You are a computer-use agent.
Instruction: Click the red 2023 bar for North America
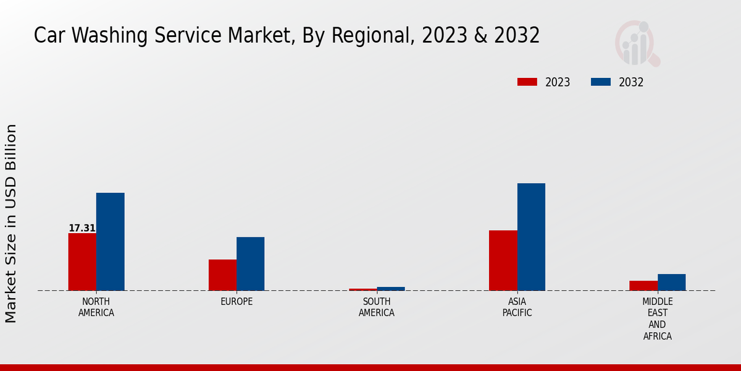coord(82,262)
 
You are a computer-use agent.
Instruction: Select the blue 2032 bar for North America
coord(110,241)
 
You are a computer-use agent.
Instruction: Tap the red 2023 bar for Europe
coord(222,275)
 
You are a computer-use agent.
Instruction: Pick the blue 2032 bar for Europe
coord(250,263)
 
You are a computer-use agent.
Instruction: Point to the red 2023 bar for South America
coord(362,289)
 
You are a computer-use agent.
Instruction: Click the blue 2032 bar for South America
coord(391,288)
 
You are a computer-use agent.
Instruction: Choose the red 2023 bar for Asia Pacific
coord(503,260)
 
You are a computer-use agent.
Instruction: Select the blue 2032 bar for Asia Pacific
coord(531,237)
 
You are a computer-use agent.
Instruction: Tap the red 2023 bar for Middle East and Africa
coord(643,285)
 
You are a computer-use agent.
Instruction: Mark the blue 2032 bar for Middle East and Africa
coord(671,282)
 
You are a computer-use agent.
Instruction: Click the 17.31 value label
coord(82,228)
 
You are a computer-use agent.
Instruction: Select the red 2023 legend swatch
coord(527,82)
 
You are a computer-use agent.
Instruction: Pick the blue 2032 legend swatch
coord(601,82)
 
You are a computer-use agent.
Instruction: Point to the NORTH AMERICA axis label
coord(96,307)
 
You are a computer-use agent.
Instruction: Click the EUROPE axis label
coord(237,302)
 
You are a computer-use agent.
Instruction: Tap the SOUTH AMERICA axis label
coord(377,307)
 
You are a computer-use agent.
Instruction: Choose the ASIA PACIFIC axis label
coord(517,307)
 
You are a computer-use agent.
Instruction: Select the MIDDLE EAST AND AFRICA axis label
coord(657,319)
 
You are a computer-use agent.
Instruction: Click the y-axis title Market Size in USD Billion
coord(11,223)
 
